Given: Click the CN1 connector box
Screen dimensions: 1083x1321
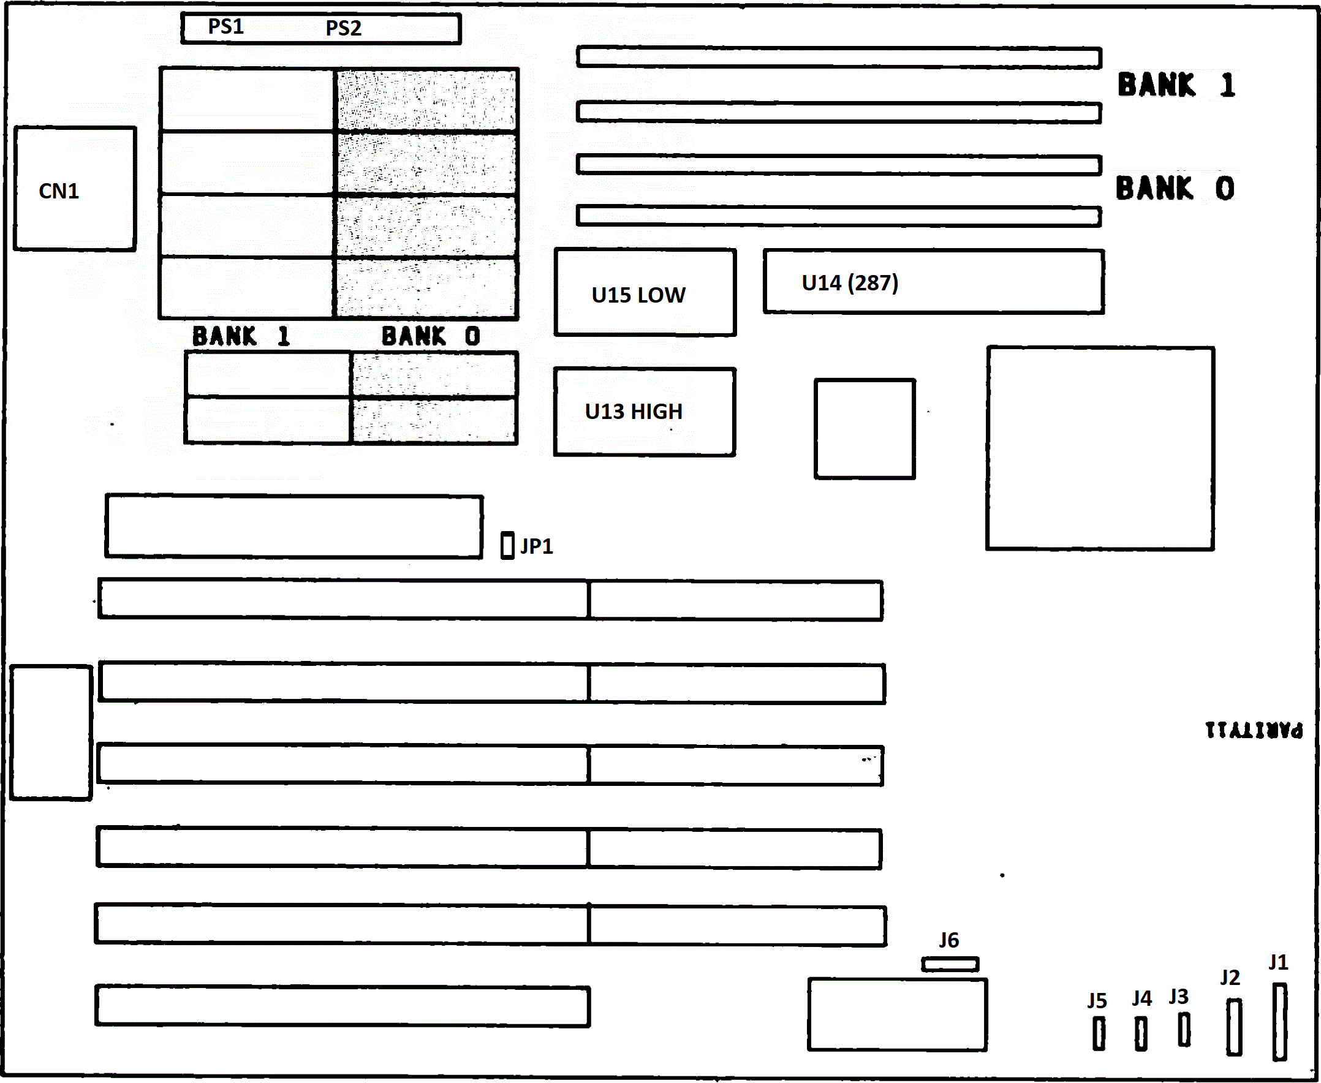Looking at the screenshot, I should [75, 189].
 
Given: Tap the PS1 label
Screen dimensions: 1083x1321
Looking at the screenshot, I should [226, 27].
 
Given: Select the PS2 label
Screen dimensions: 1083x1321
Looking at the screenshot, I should [343, 28].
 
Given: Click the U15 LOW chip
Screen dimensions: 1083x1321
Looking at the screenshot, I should [645, 292].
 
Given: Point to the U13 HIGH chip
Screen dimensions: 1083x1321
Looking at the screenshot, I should [644, 412].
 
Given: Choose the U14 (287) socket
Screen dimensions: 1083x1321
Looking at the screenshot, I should [933, 281].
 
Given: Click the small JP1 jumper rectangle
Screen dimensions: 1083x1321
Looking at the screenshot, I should [507, 545].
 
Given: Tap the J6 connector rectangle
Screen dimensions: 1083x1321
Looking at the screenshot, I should [950, 964].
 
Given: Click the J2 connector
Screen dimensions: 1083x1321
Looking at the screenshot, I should [1233, 1027].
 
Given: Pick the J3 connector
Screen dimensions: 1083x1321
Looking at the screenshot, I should [1184, 1029].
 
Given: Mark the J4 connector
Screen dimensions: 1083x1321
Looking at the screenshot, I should [1141, 1034].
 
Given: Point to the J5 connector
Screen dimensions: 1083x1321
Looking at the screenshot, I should [1099, 1034].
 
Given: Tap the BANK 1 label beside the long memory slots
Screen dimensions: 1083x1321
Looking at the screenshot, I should [1176, 85].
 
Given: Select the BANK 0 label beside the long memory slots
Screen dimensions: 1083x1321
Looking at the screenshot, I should [1175, 189].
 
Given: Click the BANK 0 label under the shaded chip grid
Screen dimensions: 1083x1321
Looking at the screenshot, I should [431, 336].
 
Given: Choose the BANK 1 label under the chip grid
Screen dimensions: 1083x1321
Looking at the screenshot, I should [241, 336].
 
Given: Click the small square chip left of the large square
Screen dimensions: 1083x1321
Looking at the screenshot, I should [865, 429].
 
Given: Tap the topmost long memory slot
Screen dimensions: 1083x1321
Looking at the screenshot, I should [839, 58].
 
